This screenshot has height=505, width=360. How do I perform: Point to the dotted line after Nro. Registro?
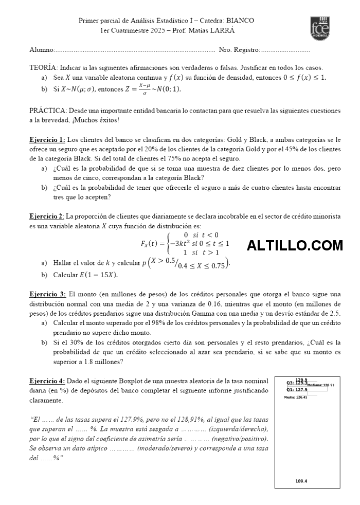pos(285,50)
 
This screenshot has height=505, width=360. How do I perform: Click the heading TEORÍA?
pos(43,67)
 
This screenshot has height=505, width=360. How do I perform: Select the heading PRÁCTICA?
pos(47,111)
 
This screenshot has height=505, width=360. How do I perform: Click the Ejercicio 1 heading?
pos(47,139)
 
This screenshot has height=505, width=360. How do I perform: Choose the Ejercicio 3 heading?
pos(47,294)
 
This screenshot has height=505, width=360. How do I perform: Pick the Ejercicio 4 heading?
pos(47,381)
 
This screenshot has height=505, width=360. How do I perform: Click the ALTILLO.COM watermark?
pos(294,246)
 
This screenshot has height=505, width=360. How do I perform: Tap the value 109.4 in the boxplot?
pos(301,481)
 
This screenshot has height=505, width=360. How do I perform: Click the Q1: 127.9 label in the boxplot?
pos(297,390)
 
